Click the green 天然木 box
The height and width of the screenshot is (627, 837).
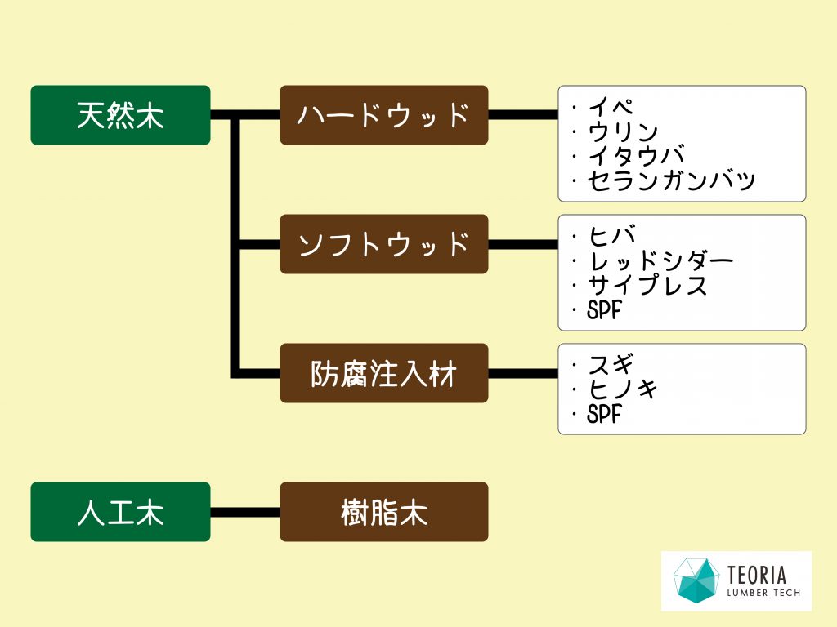coord(121,115)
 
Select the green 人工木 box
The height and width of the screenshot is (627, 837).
coord(121,512)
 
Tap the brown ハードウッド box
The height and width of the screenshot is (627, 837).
coord(384,115)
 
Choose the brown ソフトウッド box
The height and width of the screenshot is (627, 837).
coord(384,244)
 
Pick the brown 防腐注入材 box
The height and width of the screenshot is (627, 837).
coord(384,373)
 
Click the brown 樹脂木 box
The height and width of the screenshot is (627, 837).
coord(384,512)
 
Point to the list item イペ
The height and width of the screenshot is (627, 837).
coord(610,107)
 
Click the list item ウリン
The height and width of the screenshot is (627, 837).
coord(622,131)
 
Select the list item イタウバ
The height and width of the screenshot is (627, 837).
coord(636,156)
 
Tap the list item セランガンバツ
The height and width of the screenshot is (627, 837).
coord(671,180)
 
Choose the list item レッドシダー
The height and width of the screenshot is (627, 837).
coord(660,260)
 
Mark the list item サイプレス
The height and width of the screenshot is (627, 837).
coord(647,285)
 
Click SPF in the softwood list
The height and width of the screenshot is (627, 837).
coord(604,310)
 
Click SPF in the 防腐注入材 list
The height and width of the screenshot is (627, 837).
coord(604,414)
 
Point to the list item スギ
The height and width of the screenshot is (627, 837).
coord(611,365)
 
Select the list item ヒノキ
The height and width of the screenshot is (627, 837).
coord(622,389)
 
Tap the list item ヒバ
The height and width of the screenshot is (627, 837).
coord(611,236)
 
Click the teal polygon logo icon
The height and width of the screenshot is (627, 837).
coord(695,580)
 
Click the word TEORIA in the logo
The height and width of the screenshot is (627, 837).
coord(757,576)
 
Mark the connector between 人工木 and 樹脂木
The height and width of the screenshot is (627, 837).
coord(245,513)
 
